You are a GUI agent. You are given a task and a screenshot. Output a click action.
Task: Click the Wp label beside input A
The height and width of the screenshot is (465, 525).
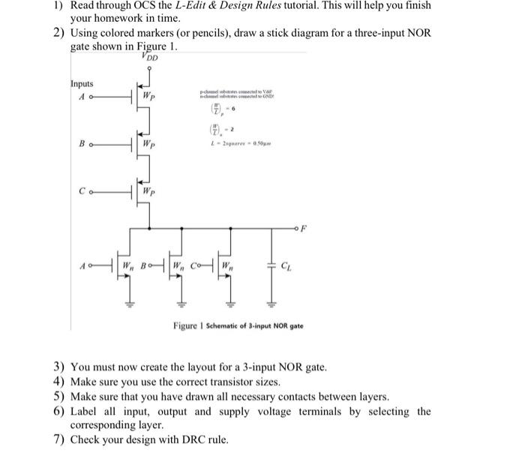(x=150, y=96)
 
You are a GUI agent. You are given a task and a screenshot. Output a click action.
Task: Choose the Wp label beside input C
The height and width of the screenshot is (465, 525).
(x=150, y=191)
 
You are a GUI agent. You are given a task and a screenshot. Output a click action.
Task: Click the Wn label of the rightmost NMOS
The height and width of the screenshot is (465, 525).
(x=235, y=265)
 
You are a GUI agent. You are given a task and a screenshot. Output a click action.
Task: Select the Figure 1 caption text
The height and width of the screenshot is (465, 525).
(x=238, y=326)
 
